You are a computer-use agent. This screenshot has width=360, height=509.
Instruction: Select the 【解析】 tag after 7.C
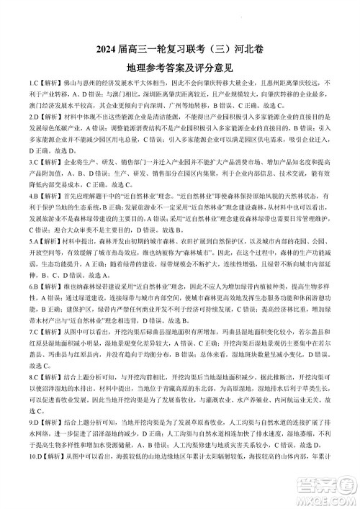pyautogui.click(x=51, y=333)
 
